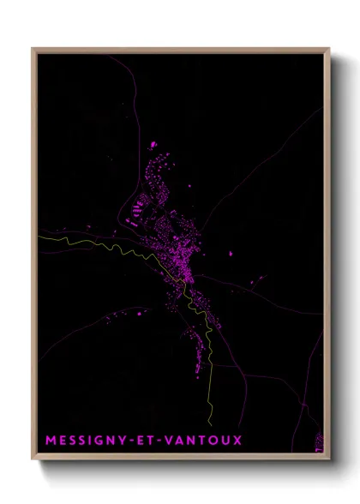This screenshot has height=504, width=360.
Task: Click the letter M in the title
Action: coord(50,441)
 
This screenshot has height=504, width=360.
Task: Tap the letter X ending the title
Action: coord(237,441)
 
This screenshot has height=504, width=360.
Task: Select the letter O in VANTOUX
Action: coord(211,441)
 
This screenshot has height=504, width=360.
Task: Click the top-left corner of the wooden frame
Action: coord(33,48)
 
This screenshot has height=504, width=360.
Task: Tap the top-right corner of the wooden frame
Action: coord(329,48)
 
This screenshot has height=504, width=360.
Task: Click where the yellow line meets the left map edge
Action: coord(37,237)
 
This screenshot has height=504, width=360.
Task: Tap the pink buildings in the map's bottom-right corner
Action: coord(320,442)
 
